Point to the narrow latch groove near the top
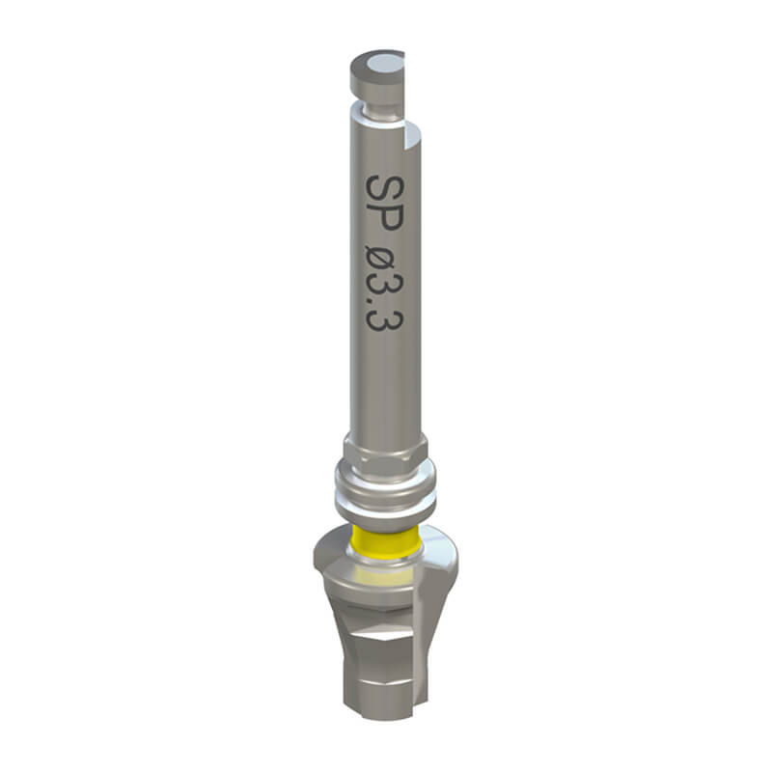point(379,108)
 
